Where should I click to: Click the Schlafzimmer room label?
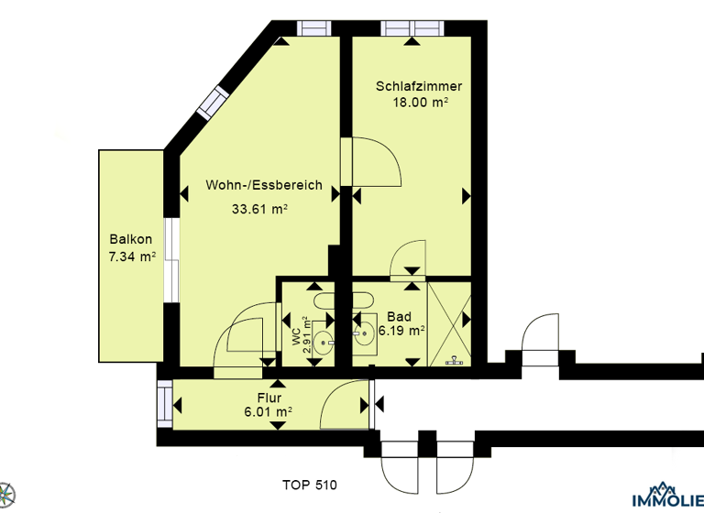419,87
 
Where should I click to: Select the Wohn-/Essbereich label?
264,185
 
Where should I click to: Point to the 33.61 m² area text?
259,209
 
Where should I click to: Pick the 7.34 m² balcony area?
131,256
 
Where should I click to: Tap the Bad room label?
399,315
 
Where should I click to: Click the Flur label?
268,398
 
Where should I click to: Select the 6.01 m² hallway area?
268,413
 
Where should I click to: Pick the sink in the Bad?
364,333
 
